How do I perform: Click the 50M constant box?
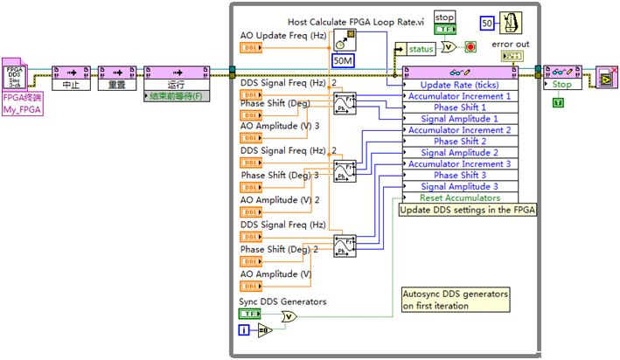[x=342, y=61]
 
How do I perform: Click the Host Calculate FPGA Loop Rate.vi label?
[x=356, y=20]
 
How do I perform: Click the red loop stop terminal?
[x=470, y=47]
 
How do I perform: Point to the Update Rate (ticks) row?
[x=460, y=85]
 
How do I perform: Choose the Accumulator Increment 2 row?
[x=460, y=130]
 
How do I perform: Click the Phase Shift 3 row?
[x=460, y=175]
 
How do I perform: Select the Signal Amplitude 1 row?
[x=460, y=119]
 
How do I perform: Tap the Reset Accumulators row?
[x=460, y=197]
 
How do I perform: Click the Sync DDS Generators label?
[x=282, y=301]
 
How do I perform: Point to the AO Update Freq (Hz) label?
[x=282, y=36]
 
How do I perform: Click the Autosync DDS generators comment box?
[x=454, y=300]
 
